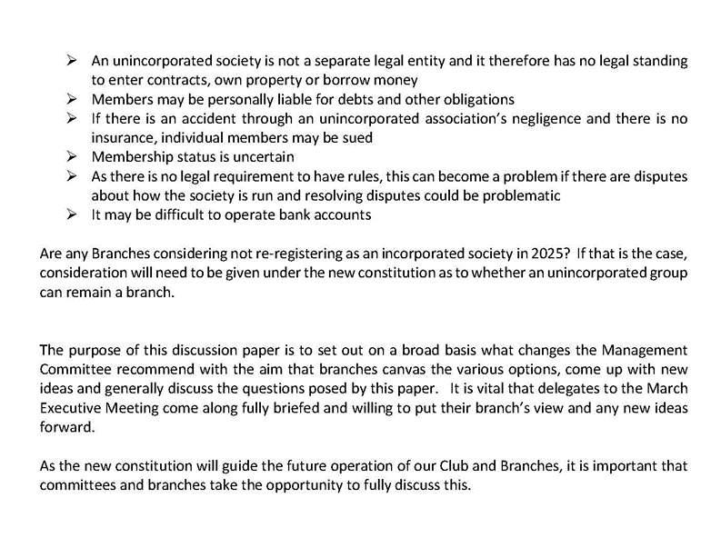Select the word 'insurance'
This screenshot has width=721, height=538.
click(x=119, y=137)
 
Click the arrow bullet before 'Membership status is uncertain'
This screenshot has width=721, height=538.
click(x=74, y=156)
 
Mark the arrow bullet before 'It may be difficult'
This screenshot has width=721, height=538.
click(x=74, y=214)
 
